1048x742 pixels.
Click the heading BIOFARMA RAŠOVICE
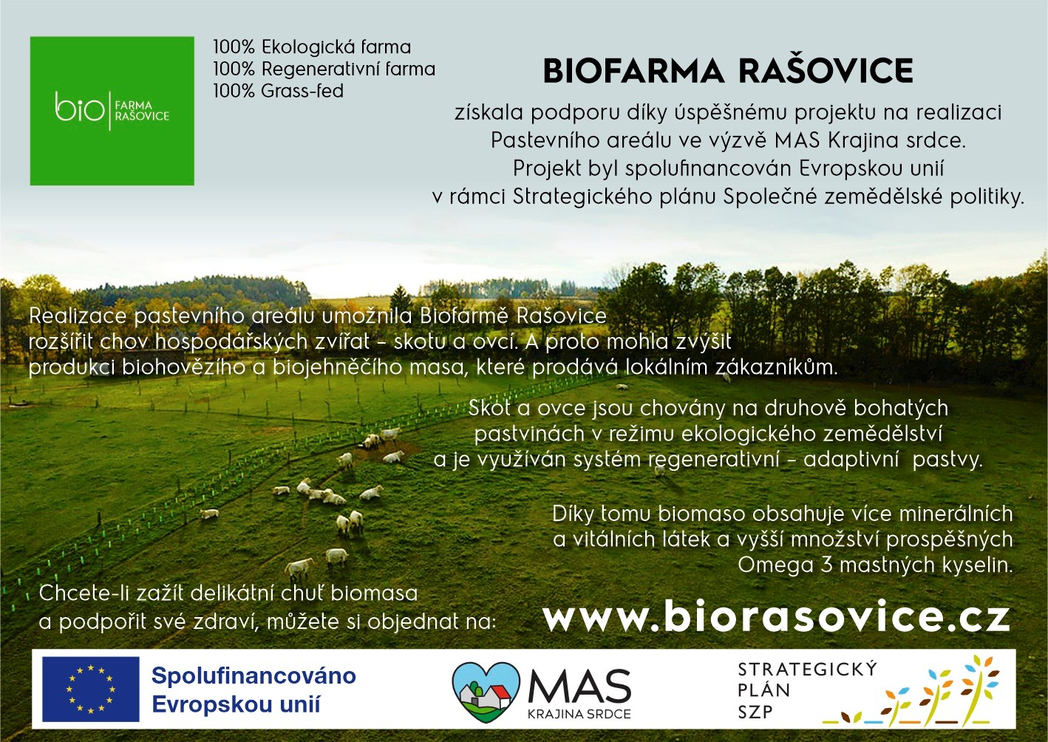point(728,71)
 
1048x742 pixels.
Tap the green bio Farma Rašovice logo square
point(112,111)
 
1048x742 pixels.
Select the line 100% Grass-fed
point(279,91)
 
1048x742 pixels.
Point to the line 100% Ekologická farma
point(312,47)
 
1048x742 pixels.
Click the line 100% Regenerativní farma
point(324,69)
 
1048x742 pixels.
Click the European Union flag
point(91,689)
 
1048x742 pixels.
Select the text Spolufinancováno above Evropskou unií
point(254,676)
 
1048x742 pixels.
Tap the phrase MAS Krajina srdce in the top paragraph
point(870,140)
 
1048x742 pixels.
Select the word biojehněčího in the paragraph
point(338,368)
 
